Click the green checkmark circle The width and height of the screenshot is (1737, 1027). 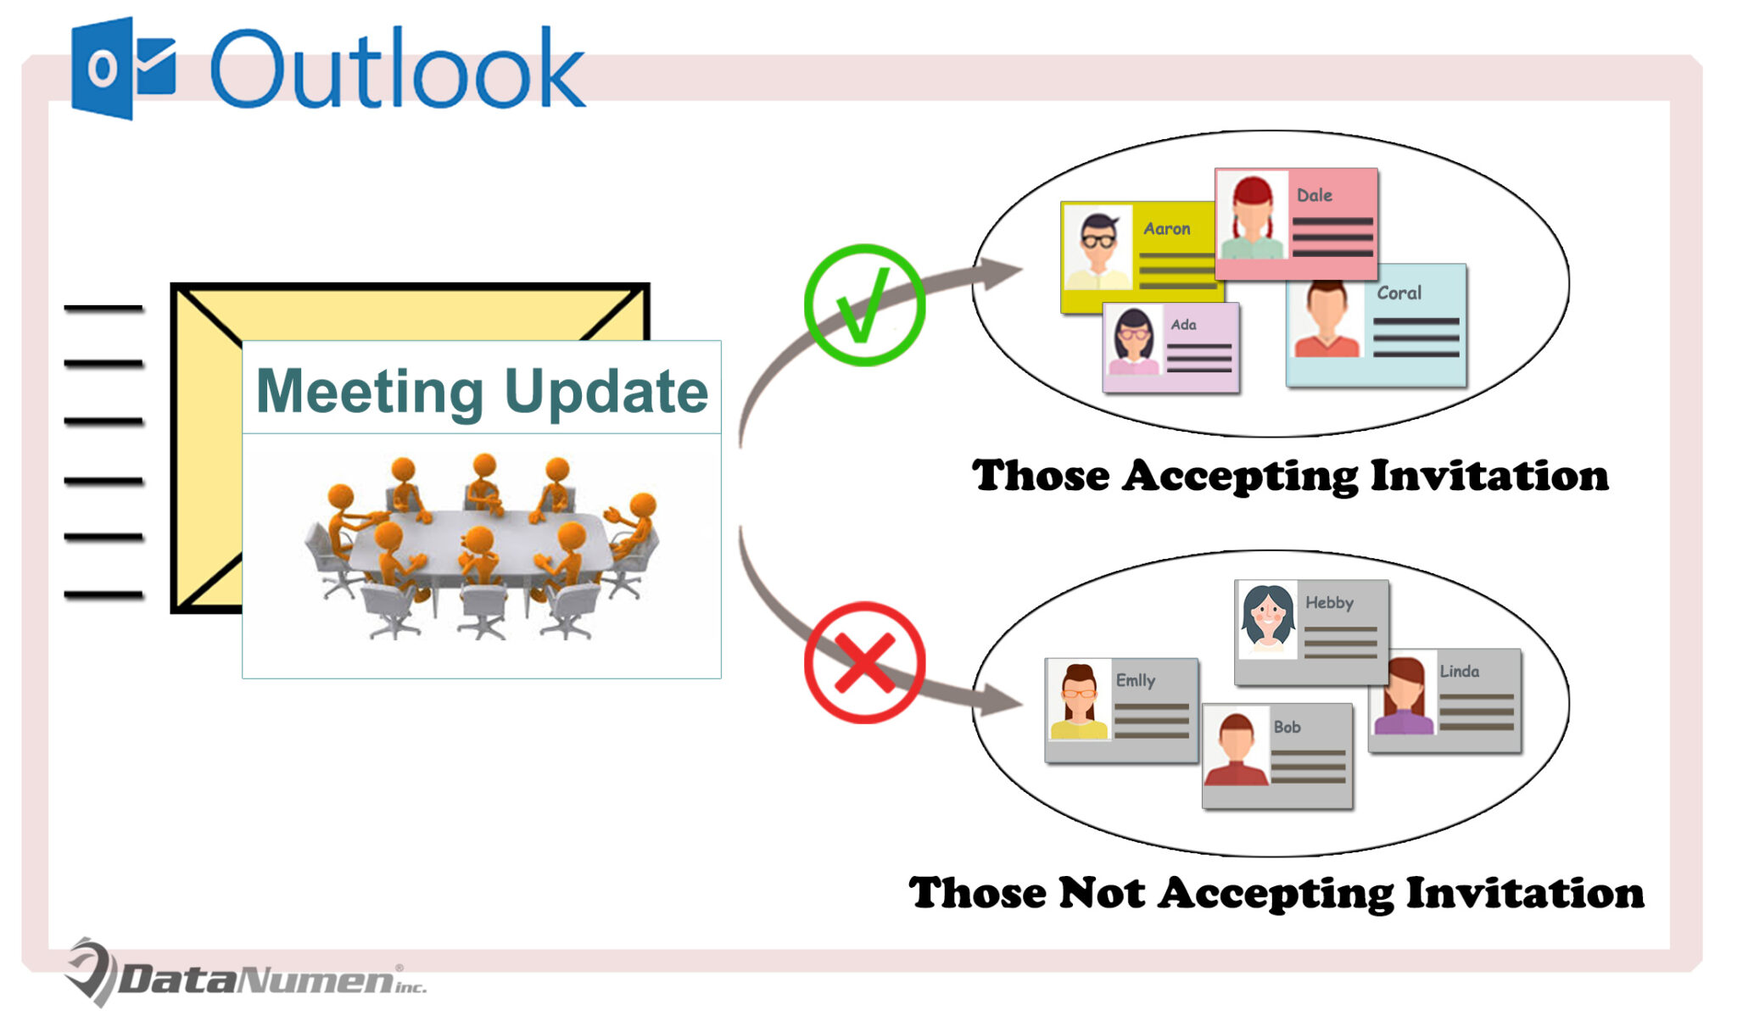[x=863, y=305]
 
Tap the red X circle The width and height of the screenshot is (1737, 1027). [x=863, y=662]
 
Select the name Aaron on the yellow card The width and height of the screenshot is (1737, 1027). [x=1166, y=228]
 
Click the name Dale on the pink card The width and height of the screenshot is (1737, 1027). [x=1314, y=195]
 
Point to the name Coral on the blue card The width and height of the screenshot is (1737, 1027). [x=1399, y=293]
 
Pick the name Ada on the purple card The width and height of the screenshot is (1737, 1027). [x=1183, y=324]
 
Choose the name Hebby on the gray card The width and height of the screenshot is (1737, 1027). [x=1329, y=602]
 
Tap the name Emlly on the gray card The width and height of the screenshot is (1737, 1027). [x=1135, y=680]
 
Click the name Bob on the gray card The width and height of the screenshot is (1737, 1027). [x=1287, y=727]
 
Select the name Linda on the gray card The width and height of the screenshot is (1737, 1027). [x=1459, y=671]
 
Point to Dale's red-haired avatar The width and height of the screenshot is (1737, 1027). [x=1252, y=216]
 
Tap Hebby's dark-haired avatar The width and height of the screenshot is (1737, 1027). [x=1267, y=618]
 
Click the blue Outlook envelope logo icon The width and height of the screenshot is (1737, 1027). [x=123, y=68]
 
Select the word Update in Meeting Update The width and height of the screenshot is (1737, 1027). [x=606, y=392]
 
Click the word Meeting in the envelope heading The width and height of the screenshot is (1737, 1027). [x=369, y=392]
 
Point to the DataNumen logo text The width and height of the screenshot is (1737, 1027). [x=254, y=979]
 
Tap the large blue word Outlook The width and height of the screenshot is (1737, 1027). [x=397, y=70]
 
